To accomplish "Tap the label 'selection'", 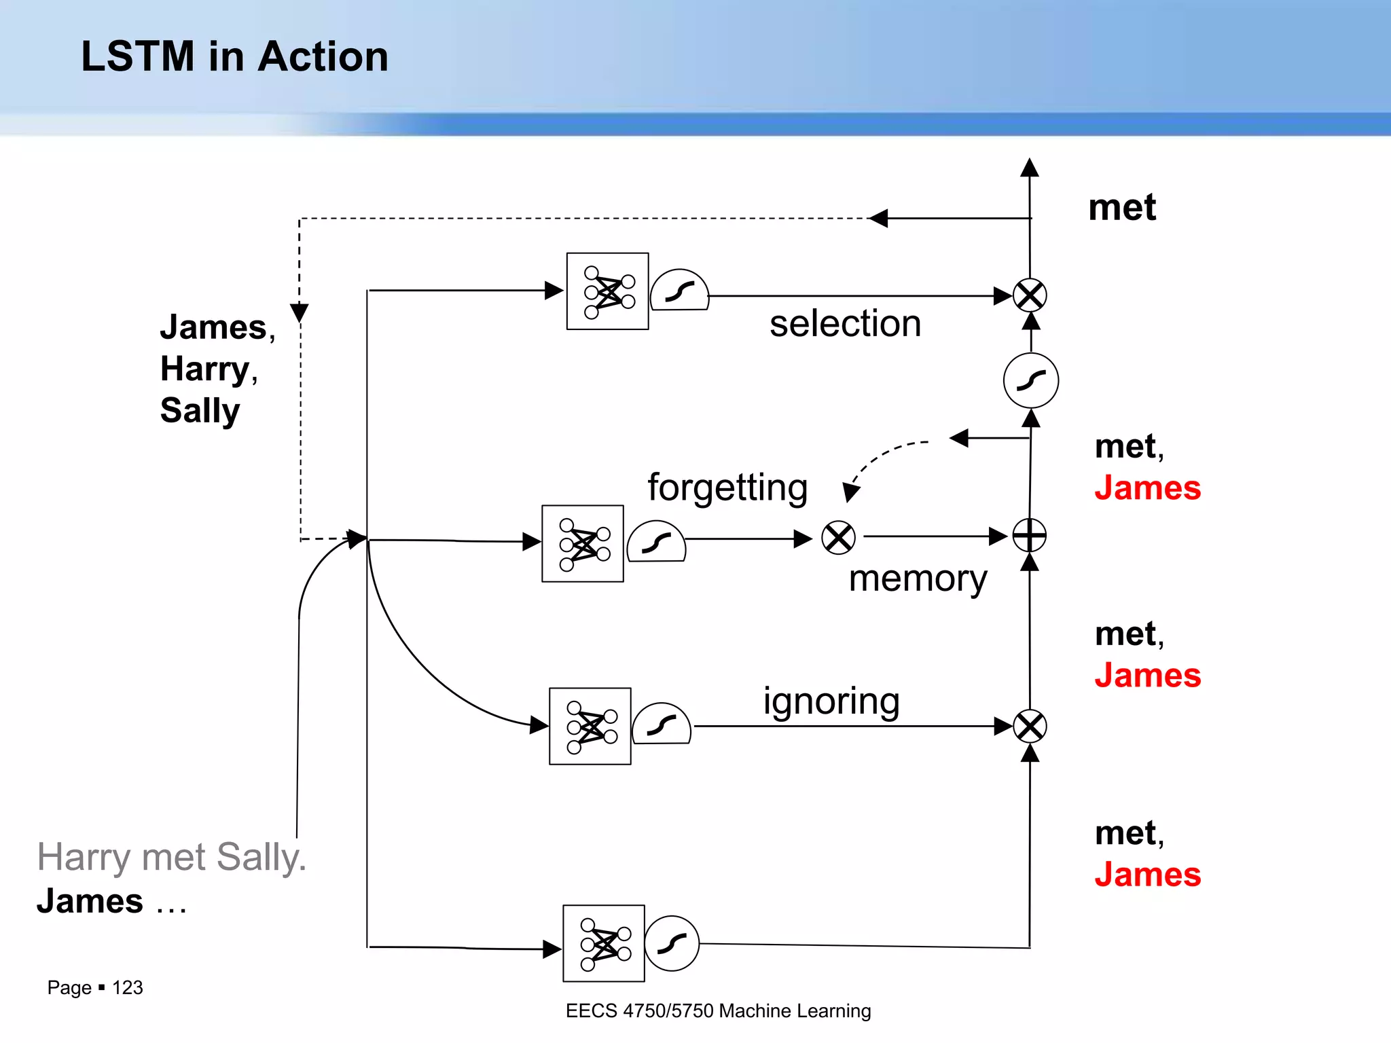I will (x=845, y=323).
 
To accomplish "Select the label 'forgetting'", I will (x=727, y=488).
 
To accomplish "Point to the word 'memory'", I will (x=918, y=579).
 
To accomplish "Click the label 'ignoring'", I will (x=831, y=701).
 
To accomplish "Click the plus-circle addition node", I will (x=1030, y=536).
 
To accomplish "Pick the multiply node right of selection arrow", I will (x=1030, y=295).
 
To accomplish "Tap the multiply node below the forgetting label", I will (x=838, y=538).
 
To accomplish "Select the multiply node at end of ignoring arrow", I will (x=1030, y=727).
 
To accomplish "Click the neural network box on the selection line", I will (x=607, y=291).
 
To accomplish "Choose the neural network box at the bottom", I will (x=603, y=943).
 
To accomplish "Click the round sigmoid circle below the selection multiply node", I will (x=1030, y=380).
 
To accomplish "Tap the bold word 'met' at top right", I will (x=1121, y=207).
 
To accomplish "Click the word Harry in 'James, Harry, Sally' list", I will (x=206, y=369).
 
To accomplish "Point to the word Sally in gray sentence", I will (x=261, y=857).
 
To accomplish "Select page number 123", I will (x=127, y=987).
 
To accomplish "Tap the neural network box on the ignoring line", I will (x=590, y=726).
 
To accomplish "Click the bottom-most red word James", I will (x=1147, y=875).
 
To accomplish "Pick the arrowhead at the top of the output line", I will (x=1030, y=167).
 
